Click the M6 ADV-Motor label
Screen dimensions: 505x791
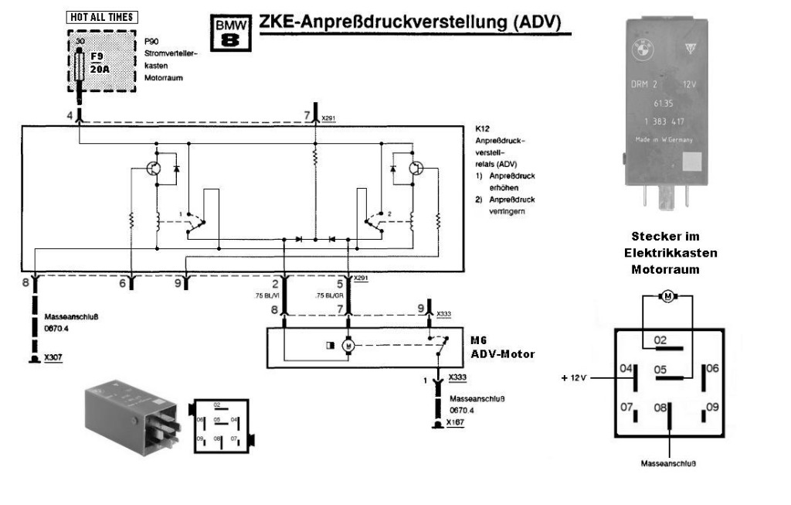tap(502, 348)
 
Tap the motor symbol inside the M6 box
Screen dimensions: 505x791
tap(348, 345)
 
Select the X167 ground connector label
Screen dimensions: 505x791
tap(455, 422)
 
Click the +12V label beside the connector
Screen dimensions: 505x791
tap(575, 378)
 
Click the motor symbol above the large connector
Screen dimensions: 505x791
tap(667, 296)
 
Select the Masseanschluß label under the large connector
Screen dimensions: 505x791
tap(669, 464)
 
